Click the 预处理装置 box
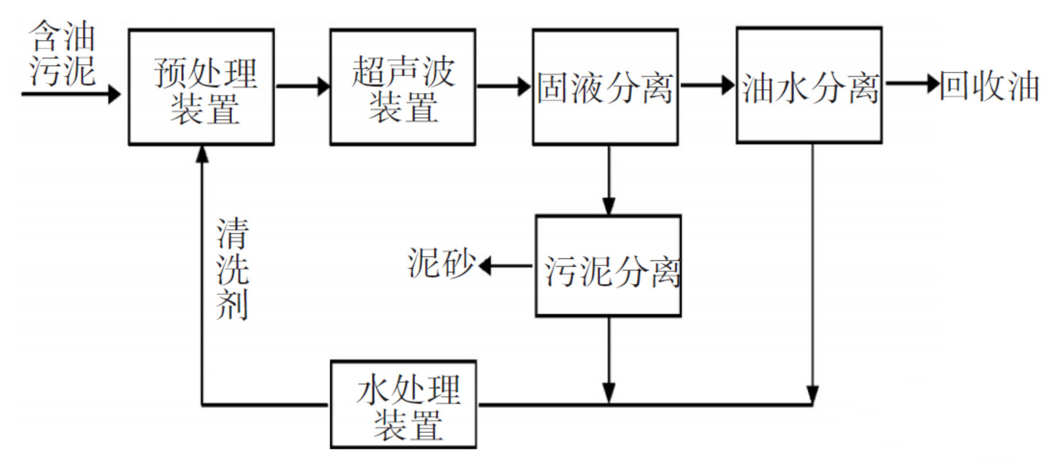point(201,87)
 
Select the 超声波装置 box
point(402,87)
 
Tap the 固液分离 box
point(605,87)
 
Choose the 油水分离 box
point(808,85)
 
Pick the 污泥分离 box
point(608,266)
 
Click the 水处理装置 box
point(403,404)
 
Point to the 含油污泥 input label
point(62,54)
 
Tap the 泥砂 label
point(441,263)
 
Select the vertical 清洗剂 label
point(232,269)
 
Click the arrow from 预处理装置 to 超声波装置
point(302,85)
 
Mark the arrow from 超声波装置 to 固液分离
point(504,85)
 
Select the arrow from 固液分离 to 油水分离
point(707,84)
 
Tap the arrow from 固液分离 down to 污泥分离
point(608,180)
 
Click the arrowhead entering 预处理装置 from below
point(202,154)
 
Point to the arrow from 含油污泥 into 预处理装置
point(71,94)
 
